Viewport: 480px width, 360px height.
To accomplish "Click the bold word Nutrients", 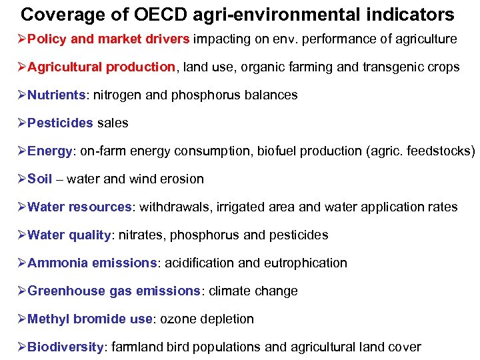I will (57, 95).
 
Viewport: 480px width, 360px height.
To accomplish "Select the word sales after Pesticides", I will (113, 123).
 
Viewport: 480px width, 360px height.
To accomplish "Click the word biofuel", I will (272, 151).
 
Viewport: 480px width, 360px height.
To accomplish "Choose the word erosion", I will (181, 179).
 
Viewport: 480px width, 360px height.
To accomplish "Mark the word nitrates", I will (140, 235).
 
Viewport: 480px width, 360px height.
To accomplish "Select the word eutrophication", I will (305, 263).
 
